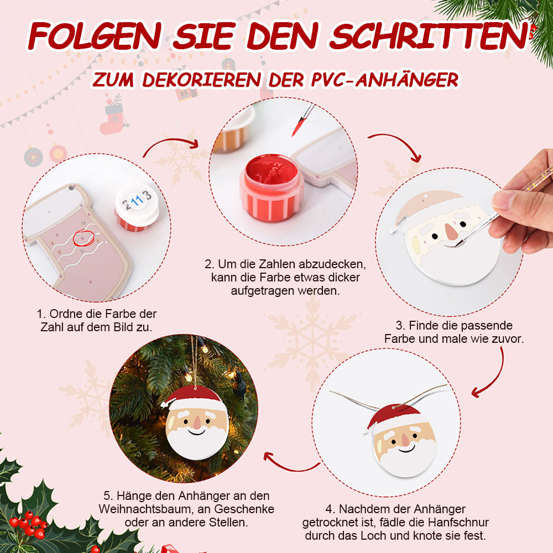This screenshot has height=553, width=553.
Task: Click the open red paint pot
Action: (x=271, y=187)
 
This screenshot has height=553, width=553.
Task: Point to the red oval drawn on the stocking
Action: (x=84, y=238)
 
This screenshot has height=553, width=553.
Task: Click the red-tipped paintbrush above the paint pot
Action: (x=302, y=120)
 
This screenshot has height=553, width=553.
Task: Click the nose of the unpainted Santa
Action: (x=450, y=231)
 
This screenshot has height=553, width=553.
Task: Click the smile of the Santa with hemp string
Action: (x=406, y=449)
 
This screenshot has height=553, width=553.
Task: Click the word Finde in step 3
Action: (x=423, y=325)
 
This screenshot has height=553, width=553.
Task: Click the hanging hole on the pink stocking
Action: (x=71, y=187)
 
